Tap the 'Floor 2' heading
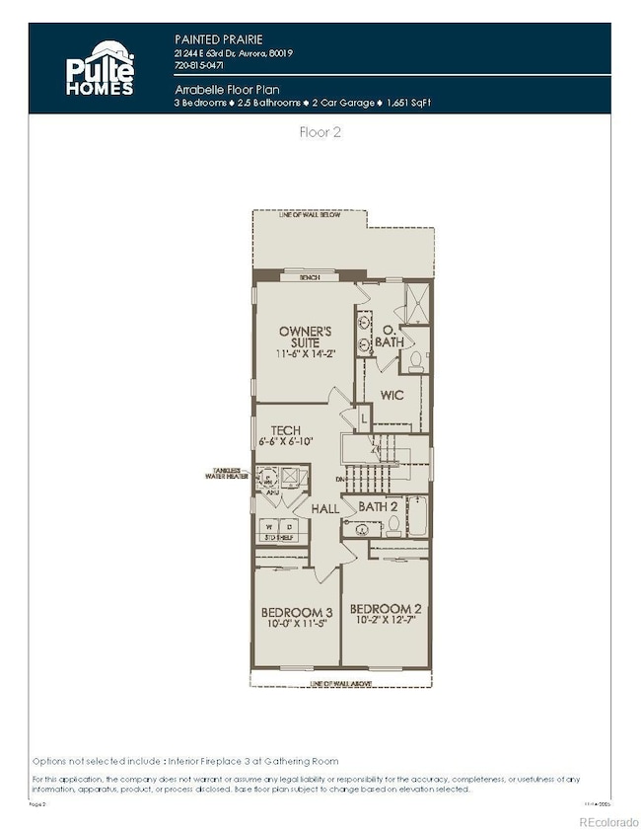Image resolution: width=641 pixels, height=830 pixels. pyautogui.click(x=320, y=131)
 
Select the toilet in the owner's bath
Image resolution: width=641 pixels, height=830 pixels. pyautogui.click(x=415, y=359)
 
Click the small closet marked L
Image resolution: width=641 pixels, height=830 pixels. pyautogui.click(x=364, y=419)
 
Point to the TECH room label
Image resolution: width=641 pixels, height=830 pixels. pyautogui.click(x=285, y=429)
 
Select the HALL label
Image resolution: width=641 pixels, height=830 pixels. pyautogui.click(x=325, y=508)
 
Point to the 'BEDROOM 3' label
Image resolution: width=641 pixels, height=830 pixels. pyautogui.click(x=293, y=613)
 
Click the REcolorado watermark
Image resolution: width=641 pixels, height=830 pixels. pyautogui.click(x=606, y=820)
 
